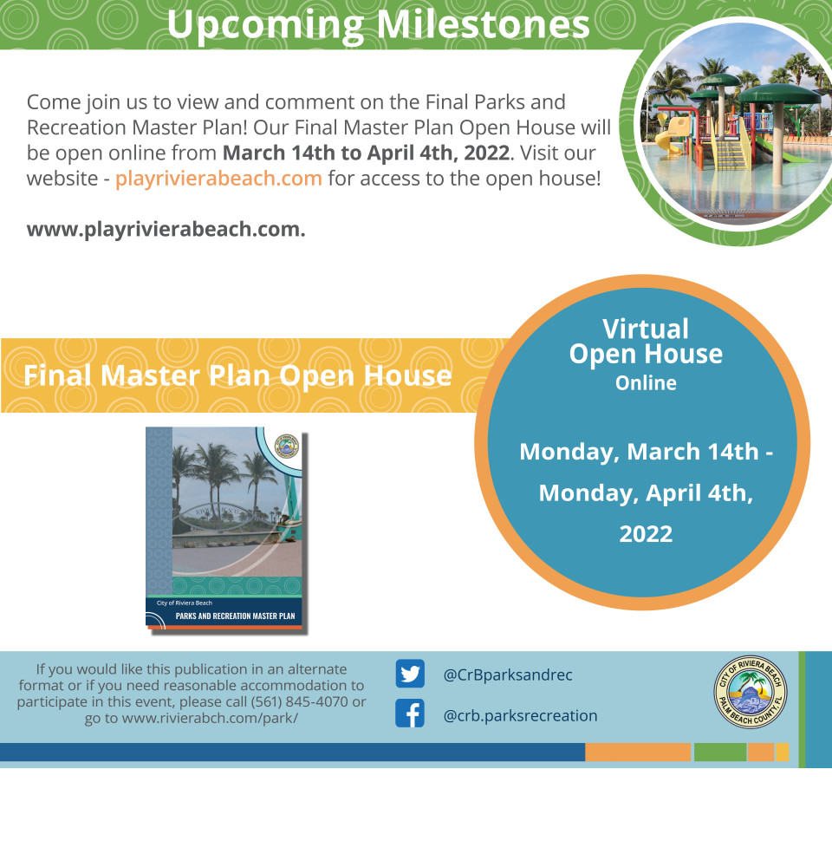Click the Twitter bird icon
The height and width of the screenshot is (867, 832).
[x=410, y=674]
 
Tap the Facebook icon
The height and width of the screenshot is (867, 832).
[x=410, y=714]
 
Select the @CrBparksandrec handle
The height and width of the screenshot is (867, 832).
[x=508, y=675]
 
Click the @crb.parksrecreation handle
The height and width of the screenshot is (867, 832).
[x=520, y=715]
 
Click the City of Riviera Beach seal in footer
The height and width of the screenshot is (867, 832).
[x=751, y=692]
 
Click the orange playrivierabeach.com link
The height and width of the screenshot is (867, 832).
[x=218, y=178]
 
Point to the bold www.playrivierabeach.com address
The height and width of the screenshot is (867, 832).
[x=166, y=229]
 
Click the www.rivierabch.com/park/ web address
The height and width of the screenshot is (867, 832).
[x=210, y=718]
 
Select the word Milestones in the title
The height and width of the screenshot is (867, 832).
[x=484, y=24]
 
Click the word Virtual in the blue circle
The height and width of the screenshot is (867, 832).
[x=646, y=329]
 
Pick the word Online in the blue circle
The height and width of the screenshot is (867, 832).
[x=646, y=382]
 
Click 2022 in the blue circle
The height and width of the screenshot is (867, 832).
[x=646, y=534]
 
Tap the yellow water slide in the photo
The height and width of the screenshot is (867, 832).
[x=672, y=133]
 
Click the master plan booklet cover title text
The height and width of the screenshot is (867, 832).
[x=235, y=616]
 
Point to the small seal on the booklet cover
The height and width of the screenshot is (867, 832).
[x=286, y=446]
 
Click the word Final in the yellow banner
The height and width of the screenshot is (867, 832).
[x=57, y=375]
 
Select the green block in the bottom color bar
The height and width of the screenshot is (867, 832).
[x=720, y=752]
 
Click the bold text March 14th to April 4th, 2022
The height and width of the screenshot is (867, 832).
[x=366, y=153]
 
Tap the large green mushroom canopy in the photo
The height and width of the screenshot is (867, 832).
[x=779, y=94]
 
